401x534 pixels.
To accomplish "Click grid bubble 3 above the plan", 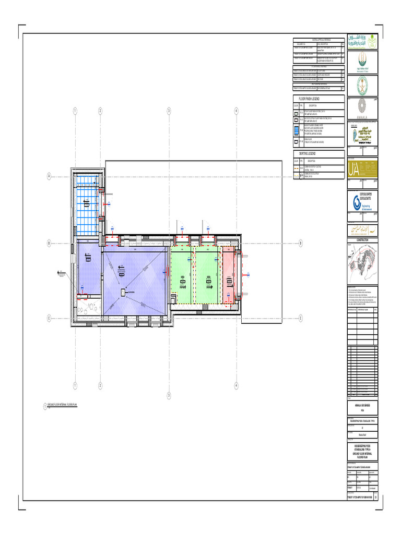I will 169,111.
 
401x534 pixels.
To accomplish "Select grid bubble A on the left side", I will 49,176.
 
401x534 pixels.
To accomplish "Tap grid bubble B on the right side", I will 301,243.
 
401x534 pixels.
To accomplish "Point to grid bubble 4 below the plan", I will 236,385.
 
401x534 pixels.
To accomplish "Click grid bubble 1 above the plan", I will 75,111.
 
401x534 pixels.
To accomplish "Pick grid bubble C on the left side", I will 49,318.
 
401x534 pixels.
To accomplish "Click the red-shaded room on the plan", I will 230,275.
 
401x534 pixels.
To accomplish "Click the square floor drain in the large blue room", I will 124,292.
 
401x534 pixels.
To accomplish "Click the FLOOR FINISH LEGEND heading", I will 309,98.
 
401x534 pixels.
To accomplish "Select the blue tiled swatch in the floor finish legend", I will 296,130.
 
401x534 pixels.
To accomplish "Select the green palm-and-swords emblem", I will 362,84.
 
